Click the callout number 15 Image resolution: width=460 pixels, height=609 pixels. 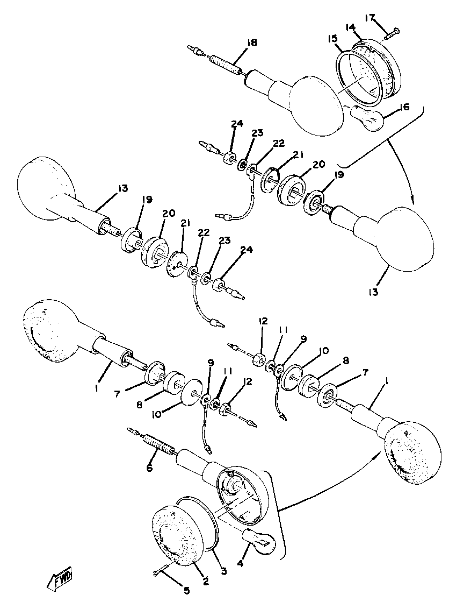click(x=333, y=38)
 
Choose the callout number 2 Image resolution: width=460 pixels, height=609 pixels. click(x=206, y=581)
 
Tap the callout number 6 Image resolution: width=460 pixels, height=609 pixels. click(x=149, y=468)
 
